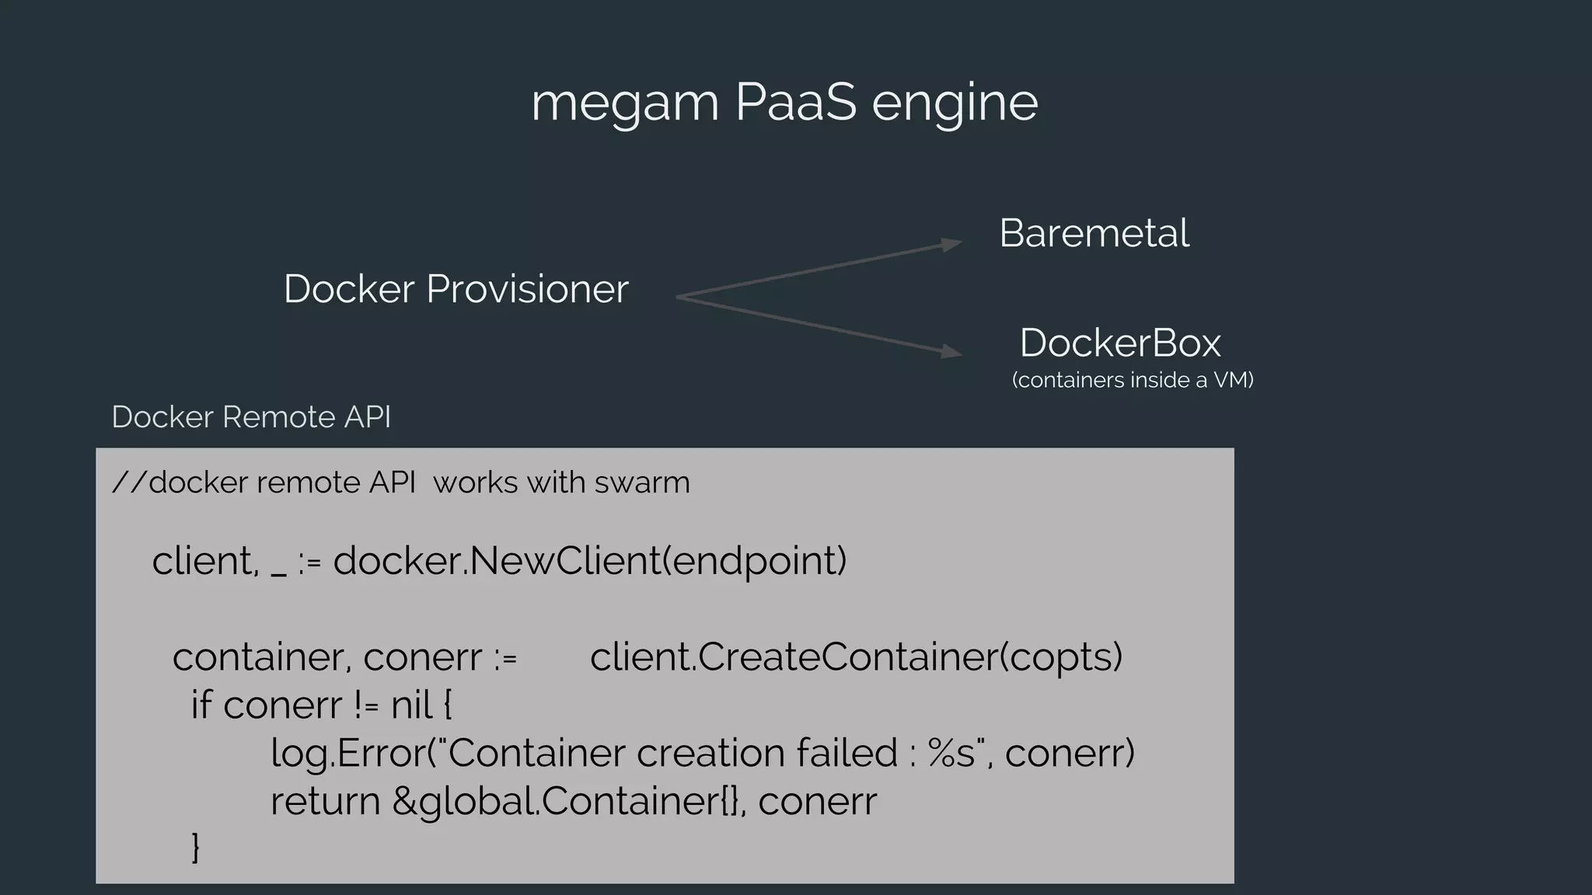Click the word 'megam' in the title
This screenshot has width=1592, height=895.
624,103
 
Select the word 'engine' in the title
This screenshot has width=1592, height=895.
955,103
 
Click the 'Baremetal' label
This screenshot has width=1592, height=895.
1094,233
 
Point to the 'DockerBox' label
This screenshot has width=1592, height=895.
1119,343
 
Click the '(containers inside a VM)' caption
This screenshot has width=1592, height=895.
1133,380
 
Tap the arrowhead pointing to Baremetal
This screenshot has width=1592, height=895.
951,244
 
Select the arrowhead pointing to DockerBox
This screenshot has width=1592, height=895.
951,351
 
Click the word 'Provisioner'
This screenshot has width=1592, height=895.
527,290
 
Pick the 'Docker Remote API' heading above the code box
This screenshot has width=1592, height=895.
251,417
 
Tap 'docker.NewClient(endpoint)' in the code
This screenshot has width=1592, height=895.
589,561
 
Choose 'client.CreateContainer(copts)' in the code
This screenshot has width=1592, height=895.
856,657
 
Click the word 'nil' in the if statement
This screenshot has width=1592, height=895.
411,705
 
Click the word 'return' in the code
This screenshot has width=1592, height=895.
325,801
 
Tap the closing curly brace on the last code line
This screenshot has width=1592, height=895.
195,847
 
